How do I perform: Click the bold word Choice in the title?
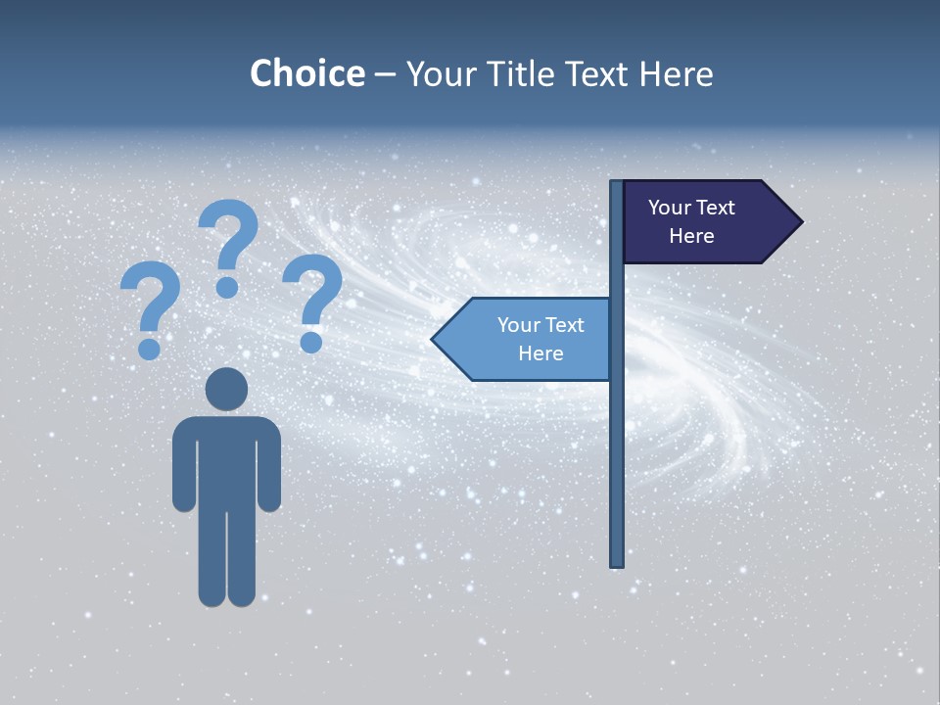(x=306, y=73)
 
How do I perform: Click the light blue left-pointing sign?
(x=529, y=339)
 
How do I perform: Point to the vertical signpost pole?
(x=616, y=441)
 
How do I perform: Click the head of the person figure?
(x=226, y=389)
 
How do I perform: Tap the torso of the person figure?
(x=226, y=460)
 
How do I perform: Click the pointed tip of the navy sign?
(x=798, y=221)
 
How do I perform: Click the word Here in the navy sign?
(x=691, y=236)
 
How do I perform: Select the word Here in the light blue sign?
(x=540, y=353)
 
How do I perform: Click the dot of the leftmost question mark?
(x=149, y=349)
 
